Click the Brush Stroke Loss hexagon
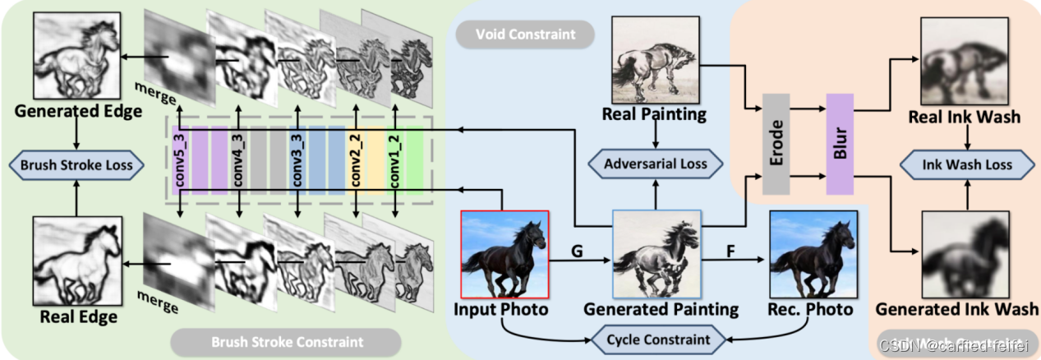pos(76,164)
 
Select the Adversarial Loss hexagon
pos(655,164)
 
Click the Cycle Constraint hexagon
pos(659,339)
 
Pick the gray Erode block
pos(776,143)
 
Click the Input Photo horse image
pos(504,253)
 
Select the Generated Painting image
pos(656,253)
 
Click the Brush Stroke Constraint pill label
pos(287,339)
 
